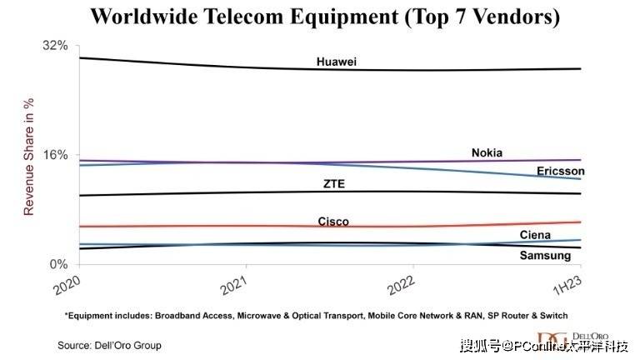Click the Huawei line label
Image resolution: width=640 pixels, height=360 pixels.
coord(337,62)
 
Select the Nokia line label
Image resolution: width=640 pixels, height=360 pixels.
coord(487,152)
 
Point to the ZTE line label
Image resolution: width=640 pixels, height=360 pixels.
coord(333,183)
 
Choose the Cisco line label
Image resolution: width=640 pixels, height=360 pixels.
coord(333,222)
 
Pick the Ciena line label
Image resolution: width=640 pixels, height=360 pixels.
coord(535,236)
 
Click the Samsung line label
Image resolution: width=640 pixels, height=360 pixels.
coord(545,255)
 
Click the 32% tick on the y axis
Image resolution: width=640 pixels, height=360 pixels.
coord(55,45)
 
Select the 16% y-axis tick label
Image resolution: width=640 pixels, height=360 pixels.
coord(55,155)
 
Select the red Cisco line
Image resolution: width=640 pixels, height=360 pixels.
coord(208,225)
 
